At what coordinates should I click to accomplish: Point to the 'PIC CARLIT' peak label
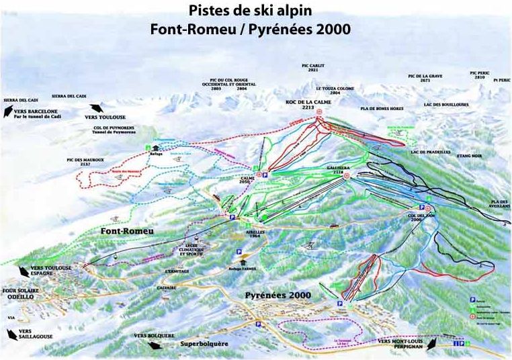[x=310, y=67]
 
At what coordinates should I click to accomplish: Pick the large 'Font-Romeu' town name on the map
[x=127, y=231]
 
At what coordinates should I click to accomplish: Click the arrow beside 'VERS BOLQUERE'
[x=154, y=344]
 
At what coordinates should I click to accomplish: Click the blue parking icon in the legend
[x=472, y=301]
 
